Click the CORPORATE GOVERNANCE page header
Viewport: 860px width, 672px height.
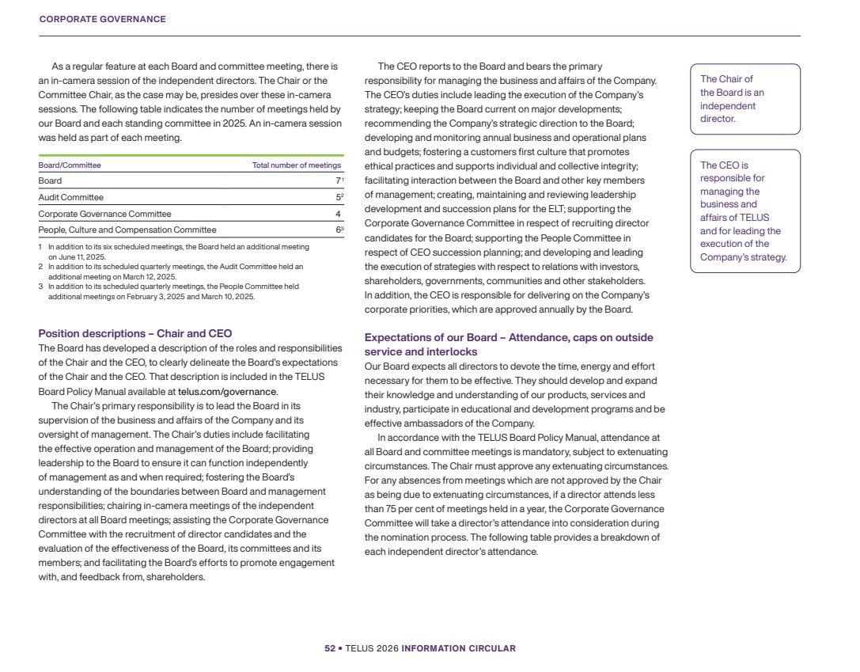(x=102, y=19)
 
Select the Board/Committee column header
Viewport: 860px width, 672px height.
(x=70, y=165)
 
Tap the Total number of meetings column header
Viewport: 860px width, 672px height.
(x=297, y=165)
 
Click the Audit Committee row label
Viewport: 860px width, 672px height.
(x=71, y=197)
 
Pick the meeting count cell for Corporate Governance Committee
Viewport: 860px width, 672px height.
(x=338, y=214)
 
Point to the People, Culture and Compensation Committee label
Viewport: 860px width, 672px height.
(x=127, y=230)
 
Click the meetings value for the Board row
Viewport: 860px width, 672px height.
(x=338, y=181)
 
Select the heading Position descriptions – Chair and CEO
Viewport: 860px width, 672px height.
(x=135, y=333)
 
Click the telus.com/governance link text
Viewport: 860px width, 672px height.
(x=227, y=391)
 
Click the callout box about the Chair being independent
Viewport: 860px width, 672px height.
(x=744, y=99)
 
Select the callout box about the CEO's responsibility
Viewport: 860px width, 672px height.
(x=744, y=211)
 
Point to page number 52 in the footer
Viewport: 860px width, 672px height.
(x=330, y=648)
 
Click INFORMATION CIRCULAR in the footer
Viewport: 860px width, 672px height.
(x=458, y=648)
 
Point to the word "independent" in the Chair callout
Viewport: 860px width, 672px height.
(x=728, y=105)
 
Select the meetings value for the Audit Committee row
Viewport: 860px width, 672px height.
(x=338, y=197)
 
